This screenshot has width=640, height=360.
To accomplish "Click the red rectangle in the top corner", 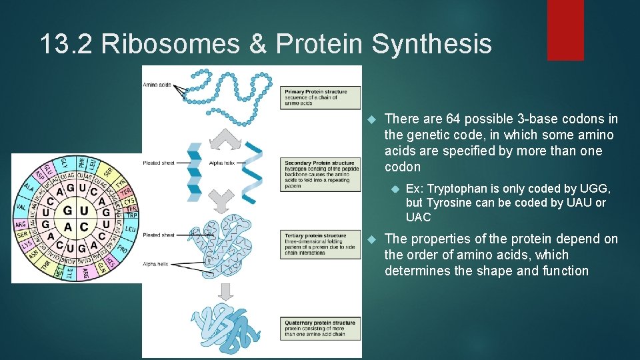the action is [x=565, y=30].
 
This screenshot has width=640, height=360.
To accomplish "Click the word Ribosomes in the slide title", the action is [x=173, y=45].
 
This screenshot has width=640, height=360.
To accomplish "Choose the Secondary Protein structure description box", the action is [x=320, y=173].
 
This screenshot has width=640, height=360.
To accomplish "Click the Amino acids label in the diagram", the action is [x=157, y=85].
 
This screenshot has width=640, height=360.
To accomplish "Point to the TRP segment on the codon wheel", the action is [x=131, y=216].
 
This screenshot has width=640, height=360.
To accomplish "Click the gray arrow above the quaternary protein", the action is [x=225, y=291].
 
